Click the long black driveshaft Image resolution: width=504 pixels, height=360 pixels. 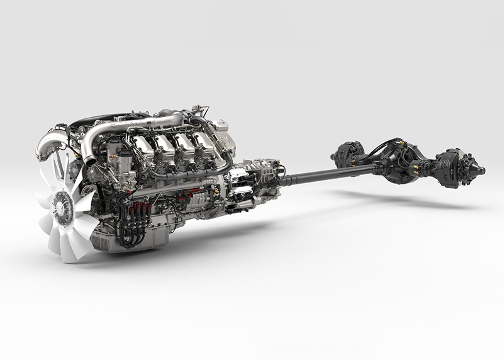point(327,174)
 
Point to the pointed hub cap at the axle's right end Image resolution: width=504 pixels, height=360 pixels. point(479,169)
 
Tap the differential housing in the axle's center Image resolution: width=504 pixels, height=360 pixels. point(403,162)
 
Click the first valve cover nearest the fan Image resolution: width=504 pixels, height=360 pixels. point(143,147)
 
